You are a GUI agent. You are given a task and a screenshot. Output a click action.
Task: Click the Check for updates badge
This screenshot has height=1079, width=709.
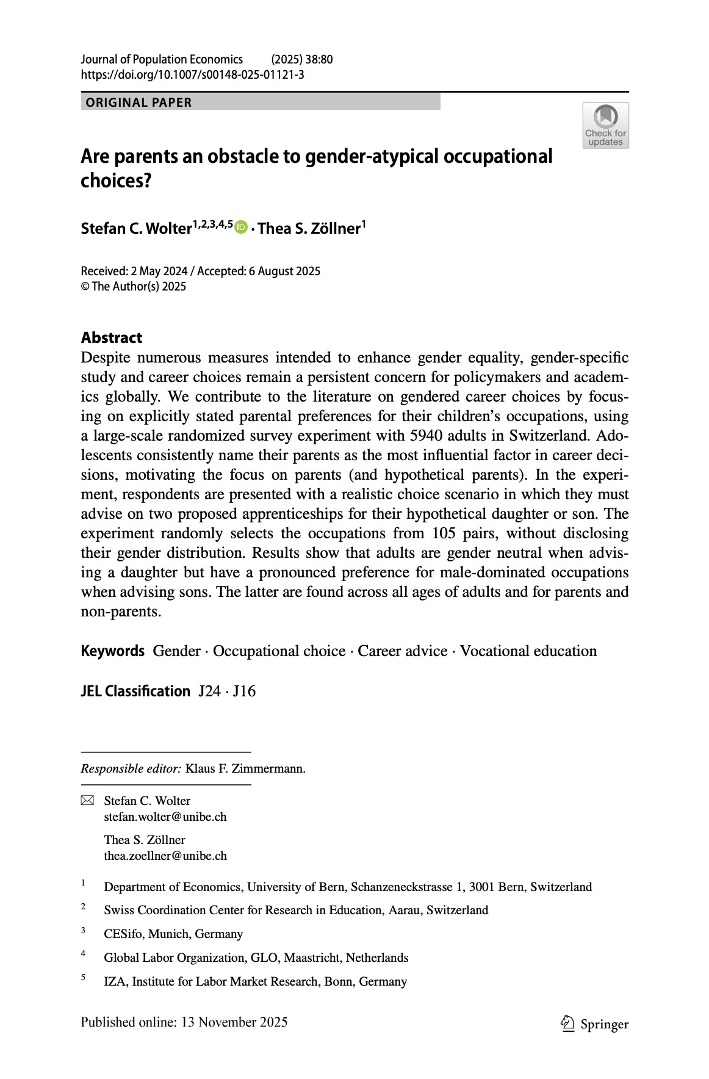(x=605, y=125)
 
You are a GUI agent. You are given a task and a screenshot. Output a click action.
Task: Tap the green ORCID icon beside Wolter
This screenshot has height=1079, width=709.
(x=241, y=227)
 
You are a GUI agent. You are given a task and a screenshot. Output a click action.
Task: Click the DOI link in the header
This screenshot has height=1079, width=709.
(x=192, y=74)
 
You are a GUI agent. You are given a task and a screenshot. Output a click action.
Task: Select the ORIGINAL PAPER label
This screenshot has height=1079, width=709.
(x=139, y=103)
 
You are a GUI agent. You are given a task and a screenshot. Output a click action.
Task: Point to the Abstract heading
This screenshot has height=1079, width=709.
(x=112, y=337)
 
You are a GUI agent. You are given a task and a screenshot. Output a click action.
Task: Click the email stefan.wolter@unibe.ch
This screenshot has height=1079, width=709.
(x=165, y=817)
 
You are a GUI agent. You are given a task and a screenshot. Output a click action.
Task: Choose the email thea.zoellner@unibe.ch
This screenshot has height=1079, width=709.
(x=165, y=856)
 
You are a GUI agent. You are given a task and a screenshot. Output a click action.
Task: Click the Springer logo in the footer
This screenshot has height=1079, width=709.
(x=594, y=1023)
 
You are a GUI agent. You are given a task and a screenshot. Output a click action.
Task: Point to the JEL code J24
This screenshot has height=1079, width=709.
(x=209, y=691)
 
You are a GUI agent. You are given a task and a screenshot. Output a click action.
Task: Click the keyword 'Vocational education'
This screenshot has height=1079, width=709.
(x=528, y=651)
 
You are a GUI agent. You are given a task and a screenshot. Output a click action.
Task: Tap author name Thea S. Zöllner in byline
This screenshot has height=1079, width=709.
(x=309, y=228)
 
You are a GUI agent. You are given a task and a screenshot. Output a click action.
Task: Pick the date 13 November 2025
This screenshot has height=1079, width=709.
(x=234, y=1022)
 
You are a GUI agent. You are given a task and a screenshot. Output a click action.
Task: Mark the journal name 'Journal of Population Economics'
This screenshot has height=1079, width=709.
(x=162, y=59)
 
